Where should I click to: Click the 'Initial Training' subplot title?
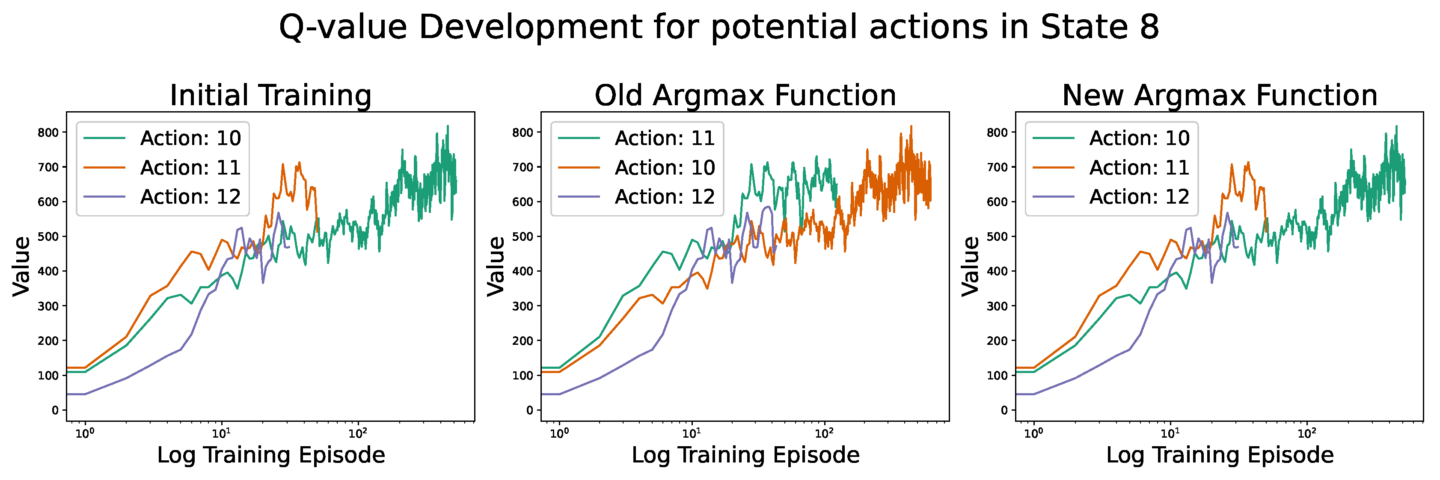pos(270,95)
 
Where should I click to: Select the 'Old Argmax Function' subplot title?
pos(745,95)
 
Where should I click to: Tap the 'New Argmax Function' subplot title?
pos(1220,95)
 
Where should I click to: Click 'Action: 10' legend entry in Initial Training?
pos(190,138)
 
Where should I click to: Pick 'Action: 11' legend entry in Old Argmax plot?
pos(665,138)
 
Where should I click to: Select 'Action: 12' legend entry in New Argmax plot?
pos(1139,197)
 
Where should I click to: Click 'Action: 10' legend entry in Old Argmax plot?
pos(665,168)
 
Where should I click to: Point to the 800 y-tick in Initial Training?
pos(48,133)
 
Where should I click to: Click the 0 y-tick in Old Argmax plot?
pos(529,410)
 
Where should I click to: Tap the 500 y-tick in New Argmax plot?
pos(997,237)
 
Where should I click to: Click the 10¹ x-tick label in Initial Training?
pos(221,433)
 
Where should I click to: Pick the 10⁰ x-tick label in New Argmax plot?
pos(1033,433)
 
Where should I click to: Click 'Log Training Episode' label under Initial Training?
pos(270,455)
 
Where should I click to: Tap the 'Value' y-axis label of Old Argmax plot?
pos(496,266)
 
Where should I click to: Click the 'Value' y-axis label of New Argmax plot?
pos(971,266)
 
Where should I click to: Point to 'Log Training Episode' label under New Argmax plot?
pos(1220,455)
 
